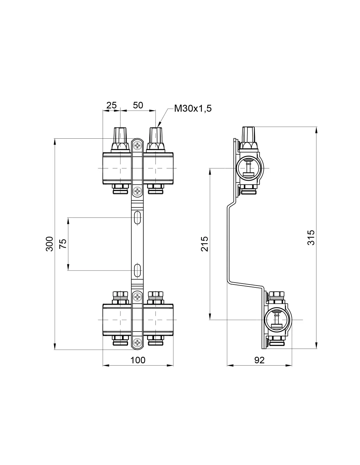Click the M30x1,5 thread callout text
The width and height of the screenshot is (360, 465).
pyautogui.click(x=193, y=109)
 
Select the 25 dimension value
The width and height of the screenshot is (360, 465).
pyautogui.click(x=112, y=105)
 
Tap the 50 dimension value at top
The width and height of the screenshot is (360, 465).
pyautogui.click(x=138, y=105)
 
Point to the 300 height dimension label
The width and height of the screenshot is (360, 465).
pyautogui.click(x=49, y=244)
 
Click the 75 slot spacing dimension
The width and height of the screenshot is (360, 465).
pyautogui.click(x=63, y=244)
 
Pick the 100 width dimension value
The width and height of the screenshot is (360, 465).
pyautogui.click(x=138, y=360)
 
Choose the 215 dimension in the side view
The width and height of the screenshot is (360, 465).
pyautogui.click(x=204, y=244)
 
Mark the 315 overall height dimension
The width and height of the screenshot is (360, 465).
pyautogui.click(x=311, y=237)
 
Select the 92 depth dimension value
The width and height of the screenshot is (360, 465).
pyautogui.click(x=259, y=360)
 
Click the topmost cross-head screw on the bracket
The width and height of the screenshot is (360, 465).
pyautogui.click(x=137, y=146)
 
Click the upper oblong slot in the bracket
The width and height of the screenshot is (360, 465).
pyautogui.click(x=137, y=218)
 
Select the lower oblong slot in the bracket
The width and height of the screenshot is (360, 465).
pyautogui.click(x=137, y=270)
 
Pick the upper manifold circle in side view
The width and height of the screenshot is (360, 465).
pyautogui.click(x=249, y=168)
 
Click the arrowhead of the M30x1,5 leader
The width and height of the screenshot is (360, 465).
pyautogui.click(x=159, y=125)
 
